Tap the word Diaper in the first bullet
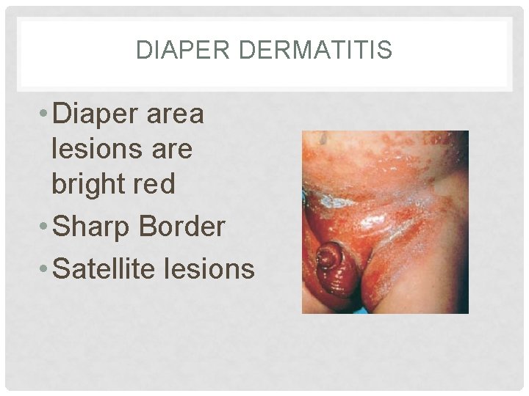98,115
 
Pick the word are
168,150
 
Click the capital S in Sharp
62,227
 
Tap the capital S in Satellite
62,269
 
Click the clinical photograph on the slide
385,222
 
